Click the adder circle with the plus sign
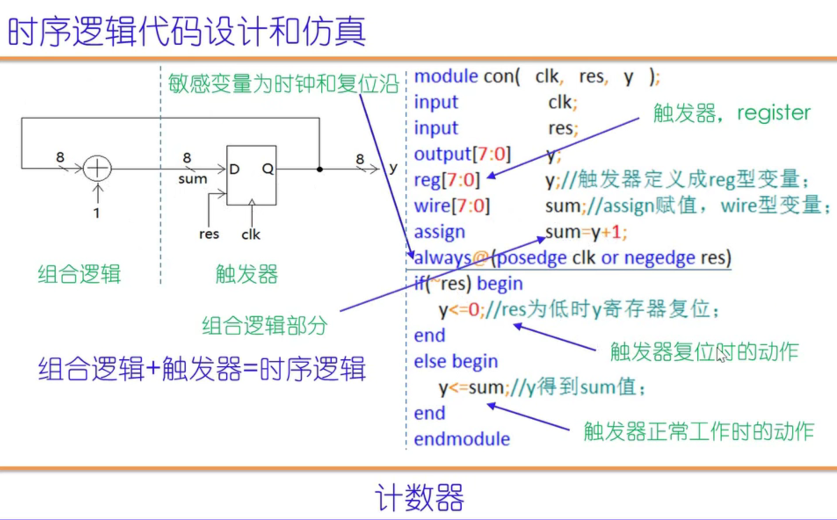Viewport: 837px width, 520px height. (97, 168)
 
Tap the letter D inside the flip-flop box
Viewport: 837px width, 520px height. (234, 169)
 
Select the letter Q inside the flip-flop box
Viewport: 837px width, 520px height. (268, 169)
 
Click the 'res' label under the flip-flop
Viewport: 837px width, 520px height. (209, 234)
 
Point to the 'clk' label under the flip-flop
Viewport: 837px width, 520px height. (251, 235)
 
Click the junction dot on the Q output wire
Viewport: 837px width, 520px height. (320, 169)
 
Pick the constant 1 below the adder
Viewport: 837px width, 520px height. (97, 213)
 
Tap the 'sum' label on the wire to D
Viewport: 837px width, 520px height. (192, 179)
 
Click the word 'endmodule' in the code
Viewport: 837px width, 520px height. (462, 439)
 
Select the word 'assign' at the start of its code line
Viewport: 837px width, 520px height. (439, 232)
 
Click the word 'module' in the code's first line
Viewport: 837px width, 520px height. (446, 76)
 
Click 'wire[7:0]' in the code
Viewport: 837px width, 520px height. (452, 206)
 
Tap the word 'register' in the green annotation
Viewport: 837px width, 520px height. (773, 113)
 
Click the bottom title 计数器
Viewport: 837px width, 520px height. (420, 498)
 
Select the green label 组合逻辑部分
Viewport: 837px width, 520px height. (265, 326)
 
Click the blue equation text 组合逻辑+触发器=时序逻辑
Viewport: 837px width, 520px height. (202, 368)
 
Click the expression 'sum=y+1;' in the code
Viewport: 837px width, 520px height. (586, 232)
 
